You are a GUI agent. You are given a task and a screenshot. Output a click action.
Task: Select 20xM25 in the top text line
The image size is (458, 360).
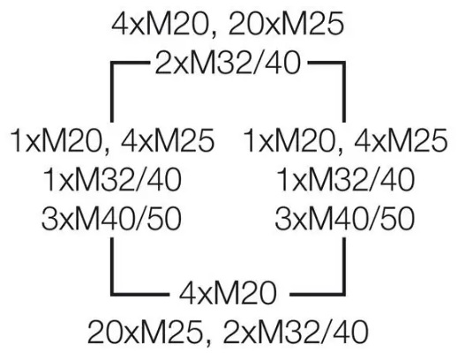point(286,24)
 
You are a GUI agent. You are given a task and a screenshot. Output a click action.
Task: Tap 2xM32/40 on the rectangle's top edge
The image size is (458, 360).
point(228,63)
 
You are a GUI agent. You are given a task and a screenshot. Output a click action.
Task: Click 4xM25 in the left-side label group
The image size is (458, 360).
point(168,140)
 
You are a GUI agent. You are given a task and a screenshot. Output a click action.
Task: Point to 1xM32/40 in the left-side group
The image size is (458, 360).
point(112,180)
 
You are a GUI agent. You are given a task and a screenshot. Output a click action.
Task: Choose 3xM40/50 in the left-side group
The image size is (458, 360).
point(111,219)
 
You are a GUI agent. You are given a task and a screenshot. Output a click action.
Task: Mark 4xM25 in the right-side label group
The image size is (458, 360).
point(401,140)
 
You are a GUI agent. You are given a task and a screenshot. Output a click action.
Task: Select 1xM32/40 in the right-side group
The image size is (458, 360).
point(346,180)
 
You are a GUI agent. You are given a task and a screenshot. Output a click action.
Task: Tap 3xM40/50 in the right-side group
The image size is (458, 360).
point(345,219)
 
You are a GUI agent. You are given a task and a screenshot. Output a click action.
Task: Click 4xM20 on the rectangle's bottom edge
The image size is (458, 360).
point(228,293)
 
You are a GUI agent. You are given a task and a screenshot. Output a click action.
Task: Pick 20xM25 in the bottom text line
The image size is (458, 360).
point(146,333)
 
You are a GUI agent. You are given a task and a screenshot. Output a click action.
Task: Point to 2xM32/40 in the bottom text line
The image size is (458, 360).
point(296,333)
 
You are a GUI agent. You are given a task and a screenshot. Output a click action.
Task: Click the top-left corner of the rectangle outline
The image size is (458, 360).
point(112,63)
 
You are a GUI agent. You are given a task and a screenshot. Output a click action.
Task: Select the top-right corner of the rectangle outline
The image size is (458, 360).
point(343,63)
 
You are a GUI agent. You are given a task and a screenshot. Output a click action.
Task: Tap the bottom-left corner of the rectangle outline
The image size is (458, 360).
point(112,294)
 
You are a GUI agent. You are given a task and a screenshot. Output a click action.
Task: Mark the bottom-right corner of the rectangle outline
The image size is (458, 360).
point(343,294)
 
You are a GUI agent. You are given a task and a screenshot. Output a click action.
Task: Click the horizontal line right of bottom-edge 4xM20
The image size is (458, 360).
point(318,294)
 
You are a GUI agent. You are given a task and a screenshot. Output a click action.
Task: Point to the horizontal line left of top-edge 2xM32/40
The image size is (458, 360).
point(130,63)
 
